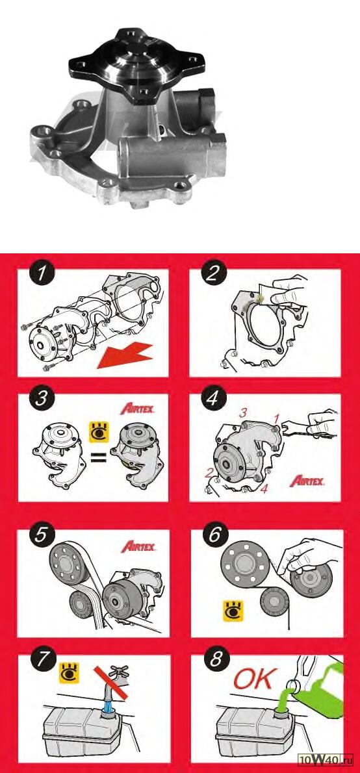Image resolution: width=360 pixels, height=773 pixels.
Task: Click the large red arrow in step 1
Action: [126, 353]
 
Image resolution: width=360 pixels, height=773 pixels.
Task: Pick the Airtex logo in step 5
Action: [138, 546]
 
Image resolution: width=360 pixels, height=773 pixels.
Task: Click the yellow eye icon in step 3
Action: [98, 431]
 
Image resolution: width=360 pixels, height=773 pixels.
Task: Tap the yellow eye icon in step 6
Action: [233, 611]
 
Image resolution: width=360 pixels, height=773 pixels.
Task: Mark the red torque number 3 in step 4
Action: [242, 413]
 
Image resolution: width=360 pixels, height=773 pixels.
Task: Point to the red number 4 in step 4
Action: [265, 490]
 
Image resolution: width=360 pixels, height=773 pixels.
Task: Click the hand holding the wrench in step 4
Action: [320, 422]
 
